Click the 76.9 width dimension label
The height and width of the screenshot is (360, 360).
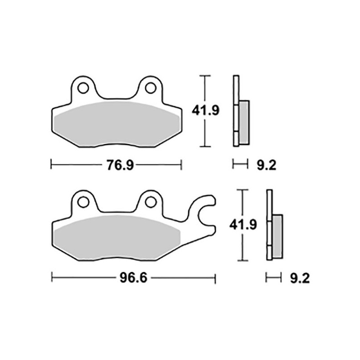(x=120, y=165)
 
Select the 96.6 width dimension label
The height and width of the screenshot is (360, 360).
(x=133, y=278)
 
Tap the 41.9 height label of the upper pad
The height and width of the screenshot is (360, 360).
(x=206, y=110)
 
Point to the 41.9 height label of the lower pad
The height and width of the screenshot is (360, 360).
(x=243, y=225)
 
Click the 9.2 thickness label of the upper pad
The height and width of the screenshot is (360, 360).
(x=266, y=165)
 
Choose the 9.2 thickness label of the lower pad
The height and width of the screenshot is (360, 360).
(x=300, y=278)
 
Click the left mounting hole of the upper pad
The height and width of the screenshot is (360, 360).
(x=83, y=88)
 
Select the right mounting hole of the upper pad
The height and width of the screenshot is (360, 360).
(x=151, y=88)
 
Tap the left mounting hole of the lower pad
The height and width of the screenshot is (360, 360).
(x=83, y=202)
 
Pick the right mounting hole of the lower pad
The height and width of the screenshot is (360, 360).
(x=151, y=202)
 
